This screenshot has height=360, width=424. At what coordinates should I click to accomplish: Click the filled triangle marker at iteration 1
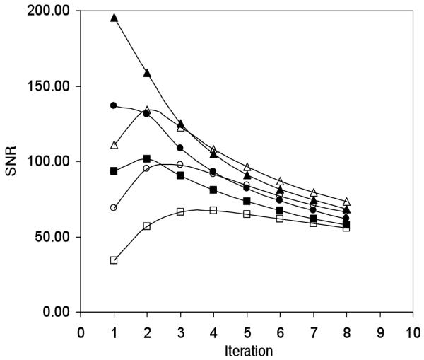point(114,18)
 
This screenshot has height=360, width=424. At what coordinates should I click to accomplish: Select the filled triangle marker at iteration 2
point(147,73)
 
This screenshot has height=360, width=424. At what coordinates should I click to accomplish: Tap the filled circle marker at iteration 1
point(113,105)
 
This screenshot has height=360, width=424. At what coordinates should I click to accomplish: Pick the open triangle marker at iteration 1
point(114,145)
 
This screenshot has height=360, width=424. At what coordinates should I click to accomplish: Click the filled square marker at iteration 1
point(114,170)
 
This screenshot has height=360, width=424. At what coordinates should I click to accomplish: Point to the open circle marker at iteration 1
point(114,207)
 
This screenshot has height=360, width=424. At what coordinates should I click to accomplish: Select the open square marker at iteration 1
point(114,260)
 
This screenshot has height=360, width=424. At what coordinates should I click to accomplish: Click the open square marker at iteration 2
point(147,226)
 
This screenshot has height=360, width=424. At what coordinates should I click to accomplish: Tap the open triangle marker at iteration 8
point(347,202)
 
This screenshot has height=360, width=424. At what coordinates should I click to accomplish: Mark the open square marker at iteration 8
point(346,228)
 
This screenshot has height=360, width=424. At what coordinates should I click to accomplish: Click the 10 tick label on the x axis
point(413,331)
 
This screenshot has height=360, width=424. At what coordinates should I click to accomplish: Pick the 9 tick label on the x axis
point(380,331)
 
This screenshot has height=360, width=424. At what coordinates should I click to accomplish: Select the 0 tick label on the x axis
point(81,331)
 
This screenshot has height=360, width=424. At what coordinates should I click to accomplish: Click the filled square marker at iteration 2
point(147,158)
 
